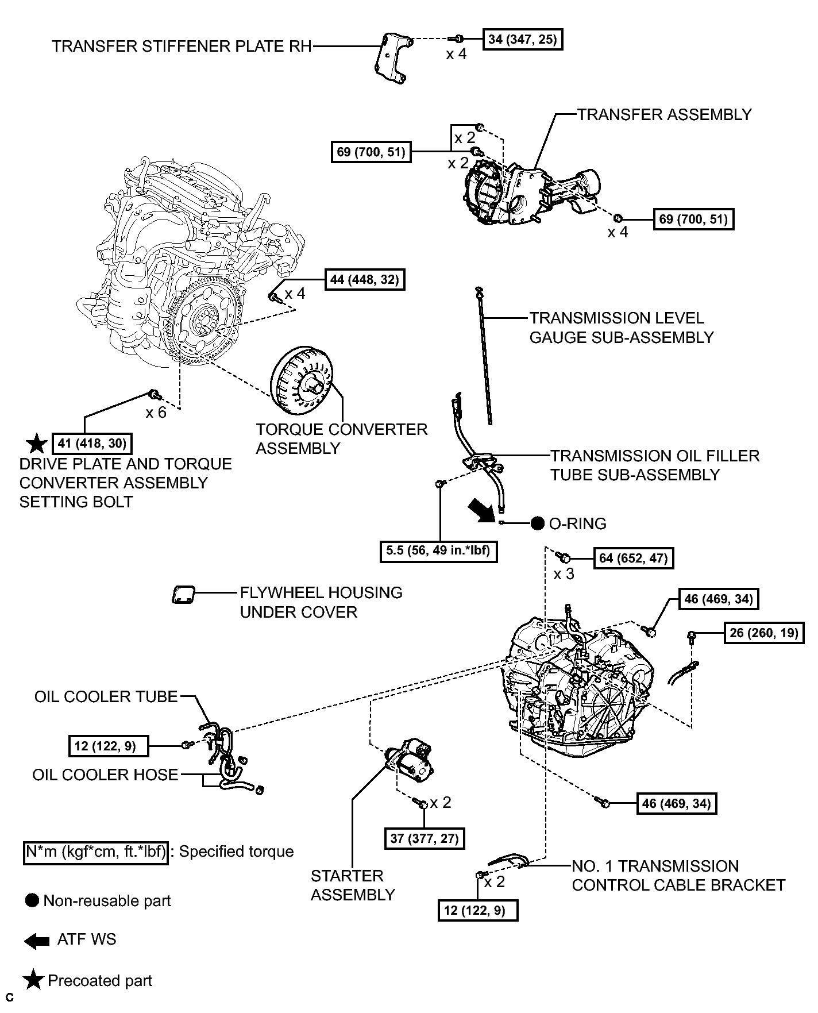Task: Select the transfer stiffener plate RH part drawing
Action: click(x=392, y=59)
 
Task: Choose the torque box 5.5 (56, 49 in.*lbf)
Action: click(x=438, y=551)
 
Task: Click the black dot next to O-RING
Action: click(x=538, y=523)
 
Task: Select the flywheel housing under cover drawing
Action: click(x=183, y=595)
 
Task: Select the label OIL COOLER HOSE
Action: click(x=105, y=775)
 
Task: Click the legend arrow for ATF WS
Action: click(x=37, y=941)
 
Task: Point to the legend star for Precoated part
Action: click(x=34, y=981)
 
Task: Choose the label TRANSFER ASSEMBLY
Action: click(x=665, y=114)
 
